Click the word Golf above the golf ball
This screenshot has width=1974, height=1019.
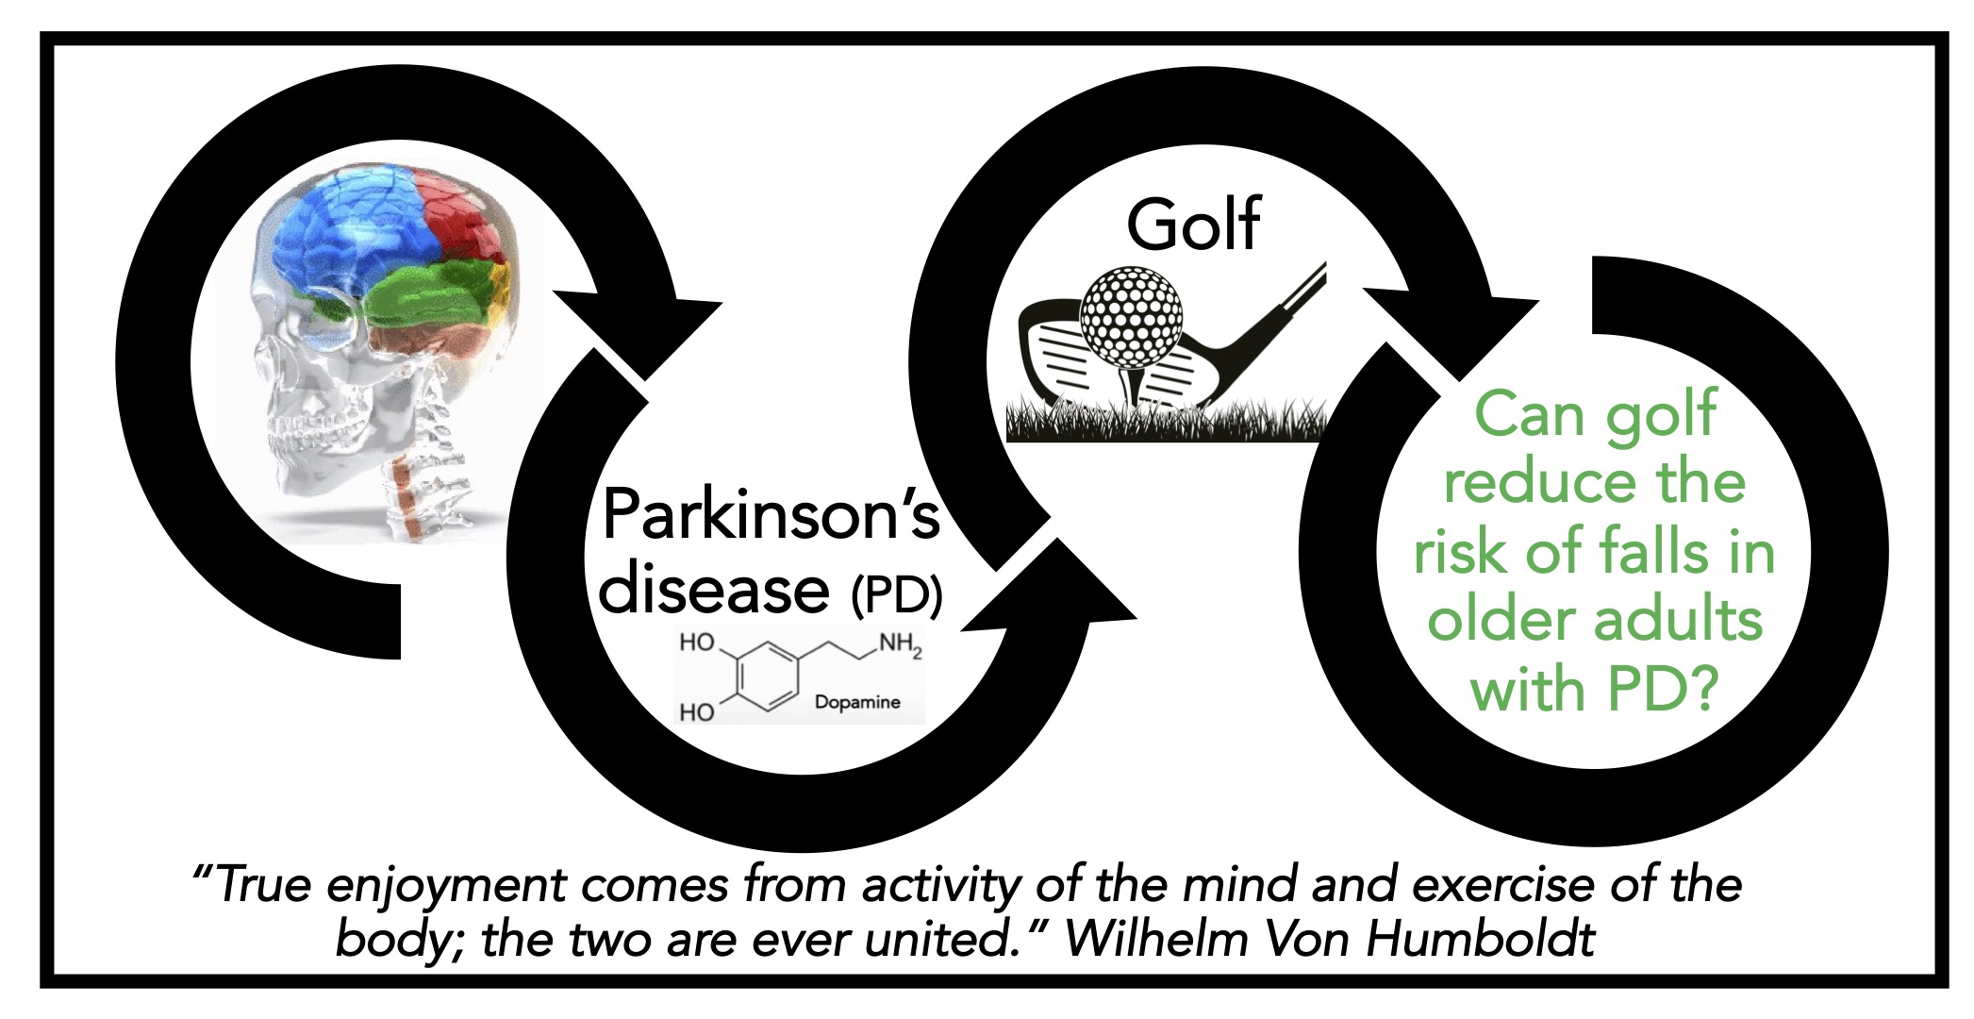(1193, 225)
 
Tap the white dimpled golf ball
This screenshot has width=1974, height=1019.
(1131, 316)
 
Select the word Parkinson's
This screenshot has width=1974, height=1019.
(771, 514)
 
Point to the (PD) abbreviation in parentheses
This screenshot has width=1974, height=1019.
(896, 594)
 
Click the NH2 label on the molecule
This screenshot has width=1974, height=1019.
(900, 645)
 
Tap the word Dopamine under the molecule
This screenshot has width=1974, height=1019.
(857, 702)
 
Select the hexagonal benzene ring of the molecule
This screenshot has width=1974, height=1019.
(767, 677)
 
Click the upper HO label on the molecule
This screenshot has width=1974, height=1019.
(698, 643)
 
